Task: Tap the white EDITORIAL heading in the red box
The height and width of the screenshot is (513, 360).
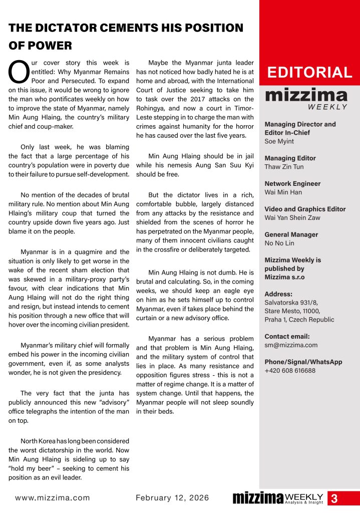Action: (x=309, y=73)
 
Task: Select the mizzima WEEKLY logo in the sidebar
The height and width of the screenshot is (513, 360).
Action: (x=306, y=98)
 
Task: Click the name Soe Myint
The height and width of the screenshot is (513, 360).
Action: (x=279, y=141)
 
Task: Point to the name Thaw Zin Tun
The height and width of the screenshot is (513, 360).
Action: (x=284, y=167)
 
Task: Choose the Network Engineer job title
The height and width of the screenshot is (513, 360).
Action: (x=292, y=183)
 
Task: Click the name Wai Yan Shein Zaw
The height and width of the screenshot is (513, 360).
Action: (x=295, y=217)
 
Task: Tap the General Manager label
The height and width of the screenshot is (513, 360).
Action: (x=291, y=234)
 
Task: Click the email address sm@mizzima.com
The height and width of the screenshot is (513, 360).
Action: (x=290, y=345)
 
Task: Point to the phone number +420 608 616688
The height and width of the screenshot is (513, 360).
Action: (x=290, y=370)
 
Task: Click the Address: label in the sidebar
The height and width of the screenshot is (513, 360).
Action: (x=278, y=294)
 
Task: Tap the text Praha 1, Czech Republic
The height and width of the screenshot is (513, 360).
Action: (x=299, y=320)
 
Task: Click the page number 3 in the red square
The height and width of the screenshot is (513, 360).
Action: (x=334, y=498)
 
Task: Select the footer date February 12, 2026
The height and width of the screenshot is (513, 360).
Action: (x=172, y=498)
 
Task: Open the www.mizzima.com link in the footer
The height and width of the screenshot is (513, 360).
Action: (x=53, y=498)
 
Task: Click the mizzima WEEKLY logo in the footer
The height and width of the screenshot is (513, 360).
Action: (x=278, y=498)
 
